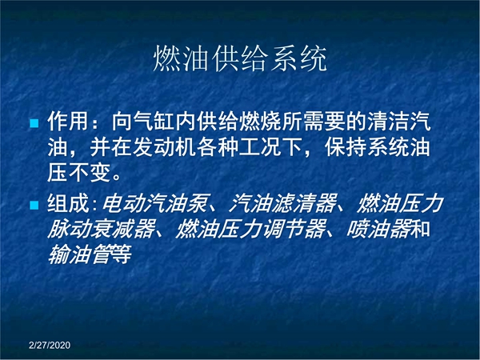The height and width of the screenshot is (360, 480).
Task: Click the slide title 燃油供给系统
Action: [x=240, y=58]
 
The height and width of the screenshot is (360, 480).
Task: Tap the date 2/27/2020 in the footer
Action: [x=50, y=345]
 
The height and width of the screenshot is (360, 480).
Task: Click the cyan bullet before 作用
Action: [x=34, y=123]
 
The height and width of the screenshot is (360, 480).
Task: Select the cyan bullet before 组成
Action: [x=34, y=205]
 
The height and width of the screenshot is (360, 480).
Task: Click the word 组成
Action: [x=68, y=203]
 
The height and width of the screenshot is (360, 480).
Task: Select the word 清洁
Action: [x=389, y=122]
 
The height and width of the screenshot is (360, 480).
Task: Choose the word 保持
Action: [x=346, y=147]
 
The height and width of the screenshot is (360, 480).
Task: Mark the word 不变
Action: [x=89, y=173]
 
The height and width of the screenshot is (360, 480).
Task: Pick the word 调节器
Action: [x=293, y=229]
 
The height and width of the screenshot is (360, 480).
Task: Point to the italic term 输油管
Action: [x=79, y=254]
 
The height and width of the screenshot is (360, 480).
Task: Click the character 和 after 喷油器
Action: [x=420, y=229]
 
